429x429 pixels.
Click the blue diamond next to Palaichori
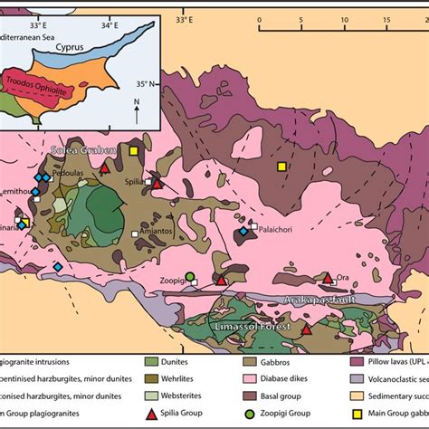pos(243,233)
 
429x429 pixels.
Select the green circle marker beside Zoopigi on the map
pos(189,276)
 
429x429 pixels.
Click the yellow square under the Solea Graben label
pos(133,150)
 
